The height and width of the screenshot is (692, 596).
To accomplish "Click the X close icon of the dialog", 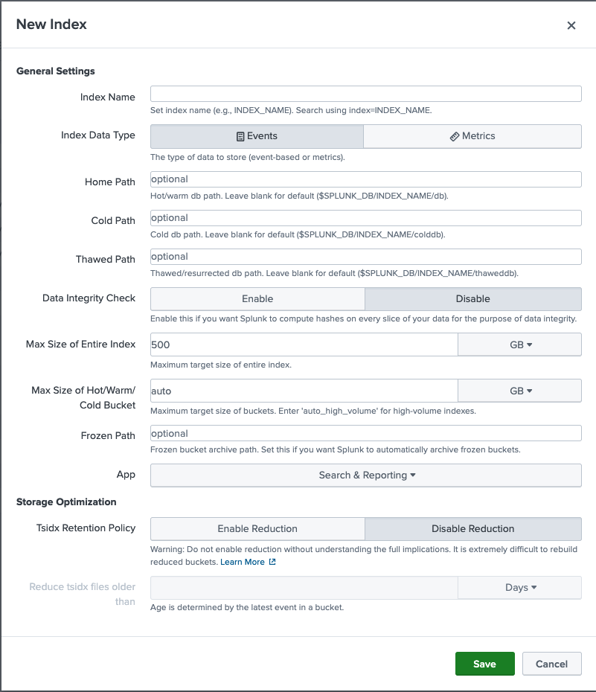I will click(x=571, y=25).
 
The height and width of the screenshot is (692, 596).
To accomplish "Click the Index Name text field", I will click(x=365, y=94).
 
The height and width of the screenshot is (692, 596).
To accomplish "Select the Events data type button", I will click(x=257, y=136).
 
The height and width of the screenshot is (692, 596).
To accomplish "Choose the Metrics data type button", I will click(x=472, y=136).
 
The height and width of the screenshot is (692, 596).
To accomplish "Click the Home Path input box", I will click(x=365, y=179).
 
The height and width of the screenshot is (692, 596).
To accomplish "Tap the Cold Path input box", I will click(x=365, y=218).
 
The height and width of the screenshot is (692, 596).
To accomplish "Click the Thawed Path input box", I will click(x=365, y=257).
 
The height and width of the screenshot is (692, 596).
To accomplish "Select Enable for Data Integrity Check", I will click(x=257, y=298).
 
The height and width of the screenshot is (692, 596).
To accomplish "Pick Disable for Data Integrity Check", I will click(x=472, y=298).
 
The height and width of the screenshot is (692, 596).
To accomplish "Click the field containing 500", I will click(x=304, y=345).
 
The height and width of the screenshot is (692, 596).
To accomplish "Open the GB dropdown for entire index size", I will click(x=519, y=345).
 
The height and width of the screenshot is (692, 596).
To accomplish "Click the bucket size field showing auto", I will click(x=304, y=391).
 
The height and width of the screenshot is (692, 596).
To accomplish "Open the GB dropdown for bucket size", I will click(x=519, y=391).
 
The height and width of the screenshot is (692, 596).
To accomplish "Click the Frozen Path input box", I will click(x=365, y=433).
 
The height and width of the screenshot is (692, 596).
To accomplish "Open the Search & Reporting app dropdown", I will click(x=366, y=475).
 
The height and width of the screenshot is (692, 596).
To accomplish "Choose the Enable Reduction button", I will click(x=257, y=528).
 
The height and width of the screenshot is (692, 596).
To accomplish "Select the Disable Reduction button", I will click(x=472, y=528).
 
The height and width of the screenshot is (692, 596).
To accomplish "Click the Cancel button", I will click(x=551, y=664).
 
